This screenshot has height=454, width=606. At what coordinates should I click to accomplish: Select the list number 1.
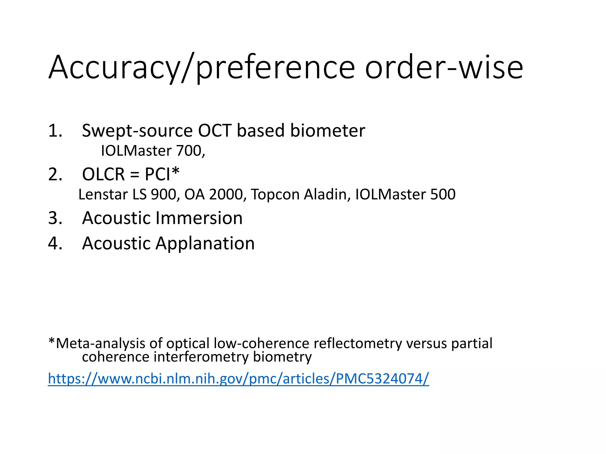[x=55, y=131]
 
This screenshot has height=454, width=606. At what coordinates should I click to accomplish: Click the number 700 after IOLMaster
[x=189, y=151]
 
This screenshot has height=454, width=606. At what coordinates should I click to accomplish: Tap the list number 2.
[x=55, y=174]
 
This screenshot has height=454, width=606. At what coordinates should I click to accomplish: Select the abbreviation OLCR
[x=103, y=174]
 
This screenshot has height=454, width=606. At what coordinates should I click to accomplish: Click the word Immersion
[x=199, y=218]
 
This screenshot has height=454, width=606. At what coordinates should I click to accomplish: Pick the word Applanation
[x=205, y=244]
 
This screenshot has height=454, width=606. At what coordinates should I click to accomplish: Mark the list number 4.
[x=55, y=244]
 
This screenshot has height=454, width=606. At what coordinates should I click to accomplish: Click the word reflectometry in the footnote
[x=358, y=343]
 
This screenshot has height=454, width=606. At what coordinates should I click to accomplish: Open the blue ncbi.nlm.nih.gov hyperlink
[x=238, y=379]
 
